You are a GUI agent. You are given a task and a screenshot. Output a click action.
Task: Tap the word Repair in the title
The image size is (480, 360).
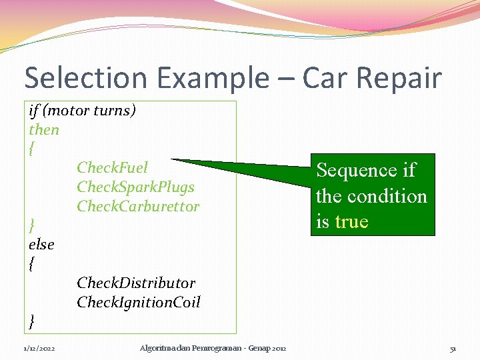405,78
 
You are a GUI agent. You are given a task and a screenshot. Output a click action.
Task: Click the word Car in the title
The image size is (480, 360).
327,78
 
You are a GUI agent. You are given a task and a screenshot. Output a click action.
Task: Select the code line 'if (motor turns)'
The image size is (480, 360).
82,110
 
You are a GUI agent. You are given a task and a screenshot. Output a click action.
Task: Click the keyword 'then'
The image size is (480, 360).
44,129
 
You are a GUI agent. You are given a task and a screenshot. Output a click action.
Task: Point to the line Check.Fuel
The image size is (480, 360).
112,167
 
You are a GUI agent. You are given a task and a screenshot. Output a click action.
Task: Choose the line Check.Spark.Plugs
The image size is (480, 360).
135,187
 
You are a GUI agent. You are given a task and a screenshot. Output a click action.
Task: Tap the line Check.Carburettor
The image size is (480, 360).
137,206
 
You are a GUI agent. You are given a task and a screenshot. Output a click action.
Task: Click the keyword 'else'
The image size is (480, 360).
41,244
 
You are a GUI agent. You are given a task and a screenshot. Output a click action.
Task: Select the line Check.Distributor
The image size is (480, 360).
136,283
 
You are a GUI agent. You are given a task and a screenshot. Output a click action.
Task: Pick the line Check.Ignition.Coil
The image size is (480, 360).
138,302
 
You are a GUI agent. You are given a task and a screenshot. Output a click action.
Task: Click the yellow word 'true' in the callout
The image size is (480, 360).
352,221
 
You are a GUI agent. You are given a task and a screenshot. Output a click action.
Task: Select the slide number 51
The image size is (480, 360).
453,349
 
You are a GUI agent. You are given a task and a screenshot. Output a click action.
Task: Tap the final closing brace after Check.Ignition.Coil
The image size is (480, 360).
32,322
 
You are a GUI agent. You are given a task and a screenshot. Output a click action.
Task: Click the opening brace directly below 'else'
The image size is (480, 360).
32,264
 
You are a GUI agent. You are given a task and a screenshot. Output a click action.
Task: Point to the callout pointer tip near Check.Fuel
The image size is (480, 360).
172,160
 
